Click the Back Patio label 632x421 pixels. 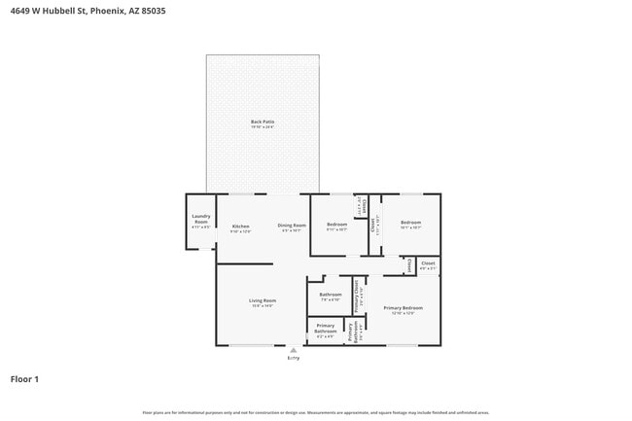coord(263,122)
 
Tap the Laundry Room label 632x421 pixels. coord(201,219)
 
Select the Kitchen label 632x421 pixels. coord(240,226)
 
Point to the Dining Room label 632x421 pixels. coord(292,225)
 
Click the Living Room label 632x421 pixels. coord(263,300)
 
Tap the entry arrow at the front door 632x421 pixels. coord(293,350)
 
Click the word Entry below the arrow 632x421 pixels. coord(293,358)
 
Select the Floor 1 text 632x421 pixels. coord(24,378)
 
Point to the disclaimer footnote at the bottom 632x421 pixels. coord(316,412)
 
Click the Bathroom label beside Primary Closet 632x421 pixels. coord(331,294)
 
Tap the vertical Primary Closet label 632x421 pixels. coord(357,296)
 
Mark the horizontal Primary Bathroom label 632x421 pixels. coord(325,329)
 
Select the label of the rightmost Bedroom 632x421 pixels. coord(410,223)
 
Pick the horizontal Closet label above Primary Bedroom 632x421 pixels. coord(428,263)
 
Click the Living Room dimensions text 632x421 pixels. coord(263,306)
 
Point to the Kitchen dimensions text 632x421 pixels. coord(240,231)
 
